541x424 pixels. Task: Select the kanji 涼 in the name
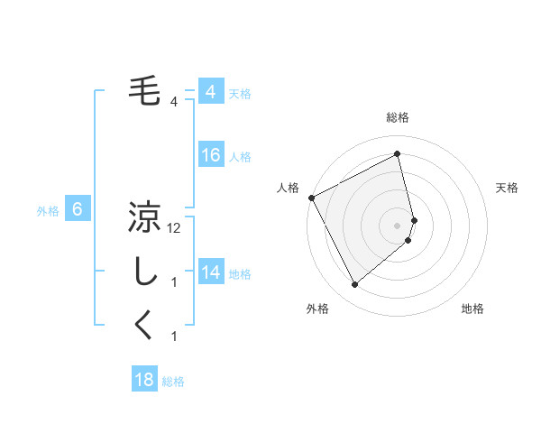click(145, 217)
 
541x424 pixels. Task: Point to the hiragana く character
click(145, 325)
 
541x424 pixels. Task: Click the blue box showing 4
click(210, 92)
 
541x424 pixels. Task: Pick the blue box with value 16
click(210, 155)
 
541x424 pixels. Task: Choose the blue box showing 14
click(210, 272)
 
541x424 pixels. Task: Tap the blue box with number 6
click(78, 209)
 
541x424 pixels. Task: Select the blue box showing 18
click(144, 380)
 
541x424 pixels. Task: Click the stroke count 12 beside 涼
click(175, 229)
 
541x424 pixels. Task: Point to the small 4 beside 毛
click(174, 102)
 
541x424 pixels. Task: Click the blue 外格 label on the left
click(48, 211)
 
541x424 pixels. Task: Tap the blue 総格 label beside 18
click(173, 383)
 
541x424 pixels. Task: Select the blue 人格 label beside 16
click(240, 157)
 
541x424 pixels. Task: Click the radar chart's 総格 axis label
click(397, 118)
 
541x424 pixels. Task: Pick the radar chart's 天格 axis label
click(508, 188)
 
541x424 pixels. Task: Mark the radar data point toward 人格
click(311, 198)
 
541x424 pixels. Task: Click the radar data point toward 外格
click(355, 285)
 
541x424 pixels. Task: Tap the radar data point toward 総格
click(397, 153)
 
